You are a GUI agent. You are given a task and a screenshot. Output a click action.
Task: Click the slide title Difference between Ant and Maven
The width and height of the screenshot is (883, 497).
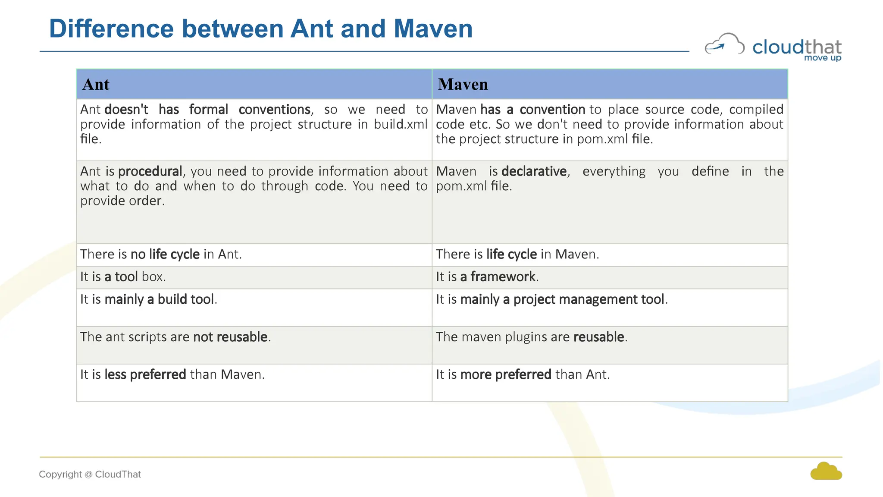(261, 29)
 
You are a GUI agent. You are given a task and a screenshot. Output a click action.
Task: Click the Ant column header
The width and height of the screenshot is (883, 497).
(96, 84)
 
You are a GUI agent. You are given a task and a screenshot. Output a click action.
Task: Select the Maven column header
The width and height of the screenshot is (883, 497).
(463, 84)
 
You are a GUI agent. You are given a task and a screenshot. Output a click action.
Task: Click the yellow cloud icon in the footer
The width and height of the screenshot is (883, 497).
(826, 472)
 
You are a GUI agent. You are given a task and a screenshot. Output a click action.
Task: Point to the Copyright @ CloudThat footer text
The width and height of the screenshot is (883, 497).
(90, 474)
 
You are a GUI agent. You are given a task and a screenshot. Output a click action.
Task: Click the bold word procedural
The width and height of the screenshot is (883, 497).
(150, 171)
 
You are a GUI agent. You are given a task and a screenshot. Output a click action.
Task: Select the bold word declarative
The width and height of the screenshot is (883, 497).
(534, 171)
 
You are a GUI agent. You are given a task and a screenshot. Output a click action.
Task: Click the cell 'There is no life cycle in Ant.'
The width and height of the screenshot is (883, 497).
(161, 254)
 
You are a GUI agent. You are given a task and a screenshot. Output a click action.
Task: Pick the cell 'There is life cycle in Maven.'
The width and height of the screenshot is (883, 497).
(517, 254)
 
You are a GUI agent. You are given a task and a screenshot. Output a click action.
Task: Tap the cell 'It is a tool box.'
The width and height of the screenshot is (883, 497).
(123, 277)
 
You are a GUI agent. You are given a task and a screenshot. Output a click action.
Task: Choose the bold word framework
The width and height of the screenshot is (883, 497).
(503, 277)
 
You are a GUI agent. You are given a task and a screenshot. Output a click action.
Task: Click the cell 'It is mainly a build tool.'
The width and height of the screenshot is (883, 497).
(149, 299)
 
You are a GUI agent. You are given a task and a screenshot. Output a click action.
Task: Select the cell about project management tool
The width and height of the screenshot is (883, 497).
(552, 299)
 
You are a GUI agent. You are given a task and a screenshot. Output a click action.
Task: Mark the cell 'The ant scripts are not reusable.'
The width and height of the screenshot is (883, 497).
(175, 337)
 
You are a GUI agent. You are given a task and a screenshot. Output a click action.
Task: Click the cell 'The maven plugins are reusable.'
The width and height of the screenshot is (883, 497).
(532, 337)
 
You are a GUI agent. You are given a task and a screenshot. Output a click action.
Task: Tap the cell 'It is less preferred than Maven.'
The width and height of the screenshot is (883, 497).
(172, 374)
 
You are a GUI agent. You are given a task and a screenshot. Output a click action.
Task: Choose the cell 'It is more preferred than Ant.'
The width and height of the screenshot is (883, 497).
(523, 374)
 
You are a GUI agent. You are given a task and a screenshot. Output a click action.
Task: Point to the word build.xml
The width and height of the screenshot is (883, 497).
(401, 124)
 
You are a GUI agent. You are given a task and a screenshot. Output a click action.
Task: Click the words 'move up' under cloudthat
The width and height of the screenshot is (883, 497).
(823, 58)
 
